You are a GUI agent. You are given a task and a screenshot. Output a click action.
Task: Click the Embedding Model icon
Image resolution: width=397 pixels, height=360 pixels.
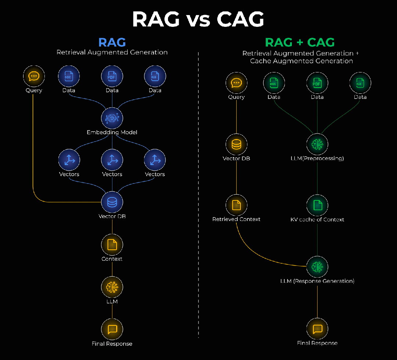tap(112, 118)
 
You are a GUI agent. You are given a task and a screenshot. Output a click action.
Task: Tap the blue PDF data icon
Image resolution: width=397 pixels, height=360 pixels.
tap(112, 76)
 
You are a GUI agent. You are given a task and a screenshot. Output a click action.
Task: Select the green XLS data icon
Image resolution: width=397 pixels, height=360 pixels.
tap(360, 83)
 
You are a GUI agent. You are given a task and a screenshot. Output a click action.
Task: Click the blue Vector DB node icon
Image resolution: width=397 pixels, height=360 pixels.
tap(112, 202)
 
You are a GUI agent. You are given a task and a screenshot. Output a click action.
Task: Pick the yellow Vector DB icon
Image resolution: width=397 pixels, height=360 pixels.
tap(236, 145)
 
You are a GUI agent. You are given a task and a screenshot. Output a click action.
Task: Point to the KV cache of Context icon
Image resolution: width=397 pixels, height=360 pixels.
tap(317, 205)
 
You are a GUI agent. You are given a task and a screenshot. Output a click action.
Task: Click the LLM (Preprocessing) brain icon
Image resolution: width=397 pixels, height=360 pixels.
tap(317, 145)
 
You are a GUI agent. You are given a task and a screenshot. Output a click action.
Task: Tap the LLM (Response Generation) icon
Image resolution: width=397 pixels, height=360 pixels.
tap(317, 267)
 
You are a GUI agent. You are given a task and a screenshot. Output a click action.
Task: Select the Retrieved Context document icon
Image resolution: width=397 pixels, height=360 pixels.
tap(236, 205)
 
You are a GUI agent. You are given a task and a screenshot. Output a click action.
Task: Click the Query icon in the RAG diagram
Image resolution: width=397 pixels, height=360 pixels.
tap(34, 76)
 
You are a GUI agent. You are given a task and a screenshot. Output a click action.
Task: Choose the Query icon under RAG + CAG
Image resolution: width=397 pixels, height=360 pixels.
tap(236, 83)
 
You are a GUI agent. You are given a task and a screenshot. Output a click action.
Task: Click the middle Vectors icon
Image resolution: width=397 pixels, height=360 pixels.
tap(112, 160)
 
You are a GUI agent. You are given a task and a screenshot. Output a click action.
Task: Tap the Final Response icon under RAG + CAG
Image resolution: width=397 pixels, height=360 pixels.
tap(317, 329)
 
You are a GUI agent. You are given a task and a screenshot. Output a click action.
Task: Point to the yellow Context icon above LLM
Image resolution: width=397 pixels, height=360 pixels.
tap(112, 245)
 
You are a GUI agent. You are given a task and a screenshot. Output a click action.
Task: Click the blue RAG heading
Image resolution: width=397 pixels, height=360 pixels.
tap(112, 42)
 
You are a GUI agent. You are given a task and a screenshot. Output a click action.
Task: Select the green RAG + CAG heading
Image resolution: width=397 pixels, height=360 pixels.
tap(300, 42)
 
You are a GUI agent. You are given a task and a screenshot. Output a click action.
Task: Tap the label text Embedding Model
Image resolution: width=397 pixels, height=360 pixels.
tap(112, 132)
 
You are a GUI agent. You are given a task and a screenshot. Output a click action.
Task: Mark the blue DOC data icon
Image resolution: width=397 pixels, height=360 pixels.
tap(69, 76)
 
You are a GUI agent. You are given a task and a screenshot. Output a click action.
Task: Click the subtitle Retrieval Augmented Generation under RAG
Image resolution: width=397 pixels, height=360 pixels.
tap(112, 53)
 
